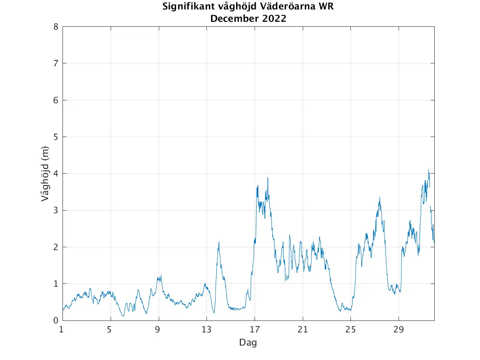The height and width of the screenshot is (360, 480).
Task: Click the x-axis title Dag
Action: point(248,342)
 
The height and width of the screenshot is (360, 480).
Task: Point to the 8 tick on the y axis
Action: point(55,27)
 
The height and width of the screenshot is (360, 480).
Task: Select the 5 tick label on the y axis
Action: point(55,137)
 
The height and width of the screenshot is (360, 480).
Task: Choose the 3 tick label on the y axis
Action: point(55,210)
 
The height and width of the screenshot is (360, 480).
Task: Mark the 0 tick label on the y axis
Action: point(55,321)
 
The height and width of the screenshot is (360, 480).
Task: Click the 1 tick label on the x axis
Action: point(61,329)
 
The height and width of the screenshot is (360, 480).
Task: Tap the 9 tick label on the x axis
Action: point(158,329)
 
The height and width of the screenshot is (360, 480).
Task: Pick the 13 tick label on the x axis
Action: point(206,329)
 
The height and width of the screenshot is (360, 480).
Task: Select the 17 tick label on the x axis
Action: point(255,329)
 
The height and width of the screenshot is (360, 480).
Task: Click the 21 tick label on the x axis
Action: point(303,329)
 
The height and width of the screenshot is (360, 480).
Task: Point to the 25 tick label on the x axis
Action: point(351,329)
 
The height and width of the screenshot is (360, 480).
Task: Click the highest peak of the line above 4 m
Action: point(428,170)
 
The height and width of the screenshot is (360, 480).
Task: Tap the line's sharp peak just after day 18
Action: point(268,178)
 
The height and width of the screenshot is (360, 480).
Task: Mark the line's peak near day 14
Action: point(219,242)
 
